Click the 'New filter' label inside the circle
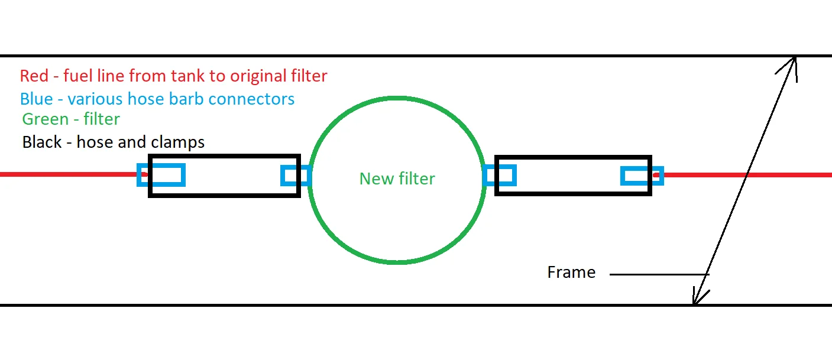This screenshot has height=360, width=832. click(397, 179)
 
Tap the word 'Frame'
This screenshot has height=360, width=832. click(571, 273)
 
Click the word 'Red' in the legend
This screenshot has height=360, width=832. click(33, 76)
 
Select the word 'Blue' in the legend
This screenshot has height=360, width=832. click(36, 98)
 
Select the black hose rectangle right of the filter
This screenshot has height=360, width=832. click(572, 158)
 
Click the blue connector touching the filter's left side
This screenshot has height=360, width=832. click(296, 176)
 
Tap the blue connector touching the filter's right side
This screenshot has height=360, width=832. click(500, 176)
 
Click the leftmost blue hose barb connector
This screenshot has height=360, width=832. click(161, 175)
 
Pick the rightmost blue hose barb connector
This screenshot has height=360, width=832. click(642, 176)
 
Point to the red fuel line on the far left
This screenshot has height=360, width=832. click(65, 174)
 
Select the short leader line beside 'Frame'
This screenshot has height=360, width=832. click(656, 274)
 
